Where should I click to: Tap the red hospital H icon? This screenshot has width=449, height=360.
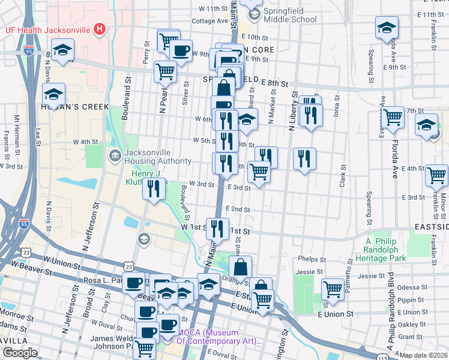pyautogui.click(x=100, y=29)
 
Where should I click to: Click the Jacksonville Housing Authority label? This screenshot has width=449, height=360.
pyautogui.click(x=157, y=156)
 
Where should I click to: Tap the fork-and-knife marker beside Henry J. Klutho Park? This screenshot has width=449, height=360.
pyautogui.click(x=154, y=190)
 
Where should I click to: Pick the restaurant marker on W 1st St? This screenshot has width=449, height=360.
pyautogui.click(x=217, y=229)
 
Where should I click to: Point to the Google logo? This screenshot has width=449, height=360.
pyautogui.click(x=20, y=353)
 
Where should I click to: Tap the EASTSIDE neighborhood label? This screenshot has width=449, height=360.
pyautogui.click(x=432, y=227)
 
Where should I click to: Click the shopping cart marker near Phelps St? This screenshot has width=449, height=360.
pyautogui.click(x=333, y=290)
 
